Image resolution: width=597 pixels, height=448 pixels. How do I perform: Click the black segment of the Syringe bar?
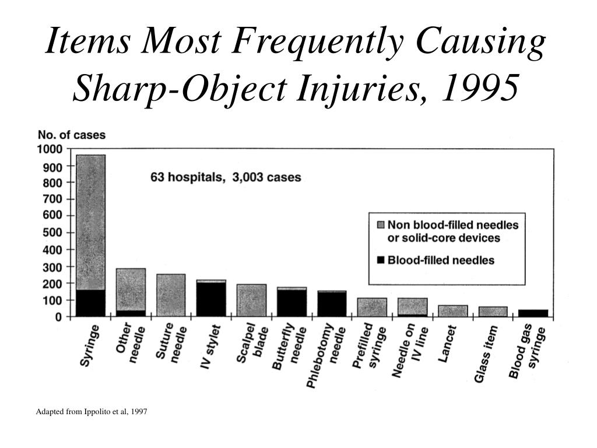point(90,303)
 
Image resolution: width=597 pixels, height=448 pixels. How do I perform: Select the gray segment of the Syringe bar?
point(90,222)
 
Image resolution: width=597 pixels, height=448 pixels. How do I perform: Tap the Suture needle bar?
point(171,295)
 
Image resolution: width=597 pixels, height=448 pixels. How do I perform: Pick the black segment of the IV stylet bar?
point(211,300)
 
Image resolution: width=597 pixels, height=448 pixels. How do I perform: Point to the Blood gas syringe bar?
point(533,313)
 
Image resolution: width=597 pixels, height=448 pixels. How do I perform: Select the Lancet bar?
point(452,311)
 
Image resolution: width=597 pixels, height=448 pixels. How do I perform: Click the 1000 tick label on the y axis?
point(50,149)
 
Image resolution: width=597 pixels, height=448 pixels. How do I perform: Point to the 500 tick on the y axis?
point(52,233)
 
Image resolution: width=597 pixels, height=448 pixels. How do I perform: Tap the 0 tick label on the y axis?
point(58,317)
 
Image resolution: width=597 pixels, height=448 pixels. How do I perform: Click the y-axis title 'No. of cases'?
point(72,135)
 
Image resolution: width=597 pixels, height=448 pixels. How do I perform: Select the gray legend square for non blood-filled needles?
point(381,224)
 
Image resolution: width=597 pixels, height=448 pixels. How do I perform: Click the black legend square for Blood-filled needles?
point(381,260)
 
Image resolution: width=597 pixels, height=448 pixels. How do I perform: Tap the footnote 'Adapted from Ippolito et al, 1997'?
point(92,412)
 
